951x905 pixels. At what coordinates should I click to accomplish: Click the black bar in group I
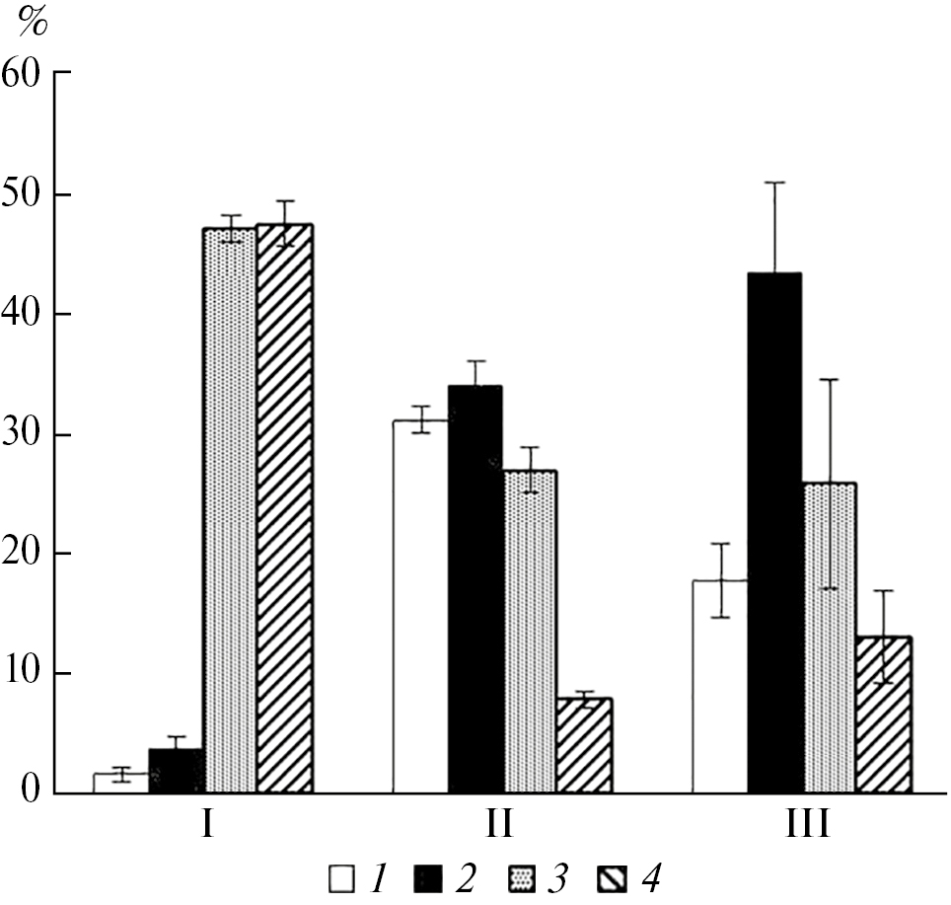click(x=177, y=772)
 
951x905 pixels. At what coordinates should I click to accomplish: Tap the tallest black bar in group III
click(x=774, y=533)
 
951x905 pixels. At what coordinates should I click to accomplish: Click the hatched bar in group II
click(x=584, y=746)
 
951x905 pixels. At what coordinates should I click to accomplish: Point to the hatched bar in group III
click(x=884, y=715)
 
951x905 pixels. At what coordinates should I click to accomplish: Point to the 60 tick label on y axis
click(x=26, y=74)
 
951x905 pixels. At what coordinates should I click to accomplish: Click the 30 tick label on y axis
click(x=26, y=435)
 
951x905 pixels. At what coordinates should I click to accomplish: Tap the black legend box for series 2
click(x=434, y=876)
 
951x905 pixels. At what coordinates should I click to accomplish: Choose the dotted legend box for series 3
click(x=522, y=876)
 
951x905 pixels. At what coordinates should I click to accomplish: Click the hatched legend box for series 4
click(x=612, y=876)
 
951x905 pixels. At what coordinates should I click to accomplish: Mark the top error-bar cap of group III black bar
click(x=775, y=183)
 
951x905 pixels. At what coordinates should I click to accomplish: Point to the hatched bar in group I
click(x=284, y=508)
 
